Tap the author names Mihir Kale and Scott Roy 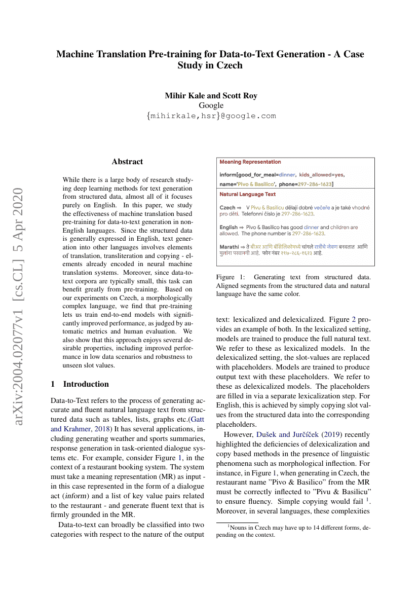[x=211, y=95]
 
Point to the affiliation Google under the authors [x=211, y=105]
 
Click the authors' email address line [x=211, y=116]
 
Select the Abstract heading [x=127, y=162]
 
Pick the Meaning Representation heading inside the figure [x=250, y=162]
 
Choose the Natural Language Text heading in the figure [x=248, y=194]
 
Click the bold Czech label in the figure [x=227, y=208]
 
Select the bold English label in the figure [x=229, y=228]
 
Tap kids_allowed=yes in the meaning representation [x=322, y=174]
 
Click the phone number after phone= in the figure [x=315, y=184]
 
